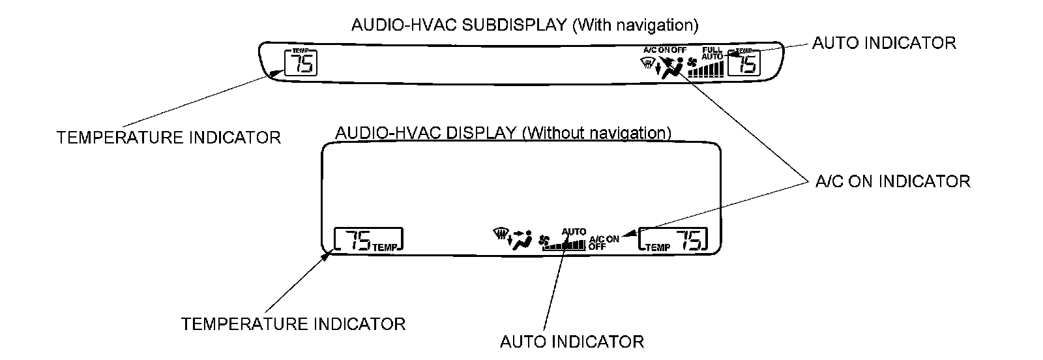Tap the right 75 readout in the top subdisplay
pyautogui.click(x=747, y=64)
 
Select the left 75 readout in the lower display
pyautogui.click(x=358, y=241)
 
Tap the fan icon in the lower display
pyautogui.click(x=546, y=241)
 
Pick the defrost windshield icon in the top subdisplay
pyautogui.click(x=648, y=63)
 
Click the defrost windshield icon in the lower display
pyautogui.click(x=501, y=233)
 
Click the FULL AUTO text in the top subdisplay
pyautogui.click(x=712, y=53)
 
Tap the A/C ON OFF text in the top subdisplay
pyautogui.click(x=664, y=50)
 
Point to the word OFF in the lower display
pyautogui.click(x=597, y=247)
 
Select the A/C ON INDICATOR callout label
pyautogui.click(x=892, y=181)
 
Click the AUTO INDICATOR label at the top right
pyautogui.click(x=884, y=43)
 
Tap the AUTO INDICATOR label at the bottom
pyautogui.click(x=572, y=341)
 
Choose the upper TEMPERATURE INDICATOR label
pyautogui.click(x=169, y=138)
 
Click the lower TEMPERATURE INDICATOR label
pyautogui.click(x=293, y=323)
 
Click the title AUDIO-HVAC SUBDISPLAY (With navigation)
pyautogui.click(x=524, y=25)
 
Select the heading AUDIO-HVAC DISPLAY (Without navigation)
pyautogui.click(x=503, y=133)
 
